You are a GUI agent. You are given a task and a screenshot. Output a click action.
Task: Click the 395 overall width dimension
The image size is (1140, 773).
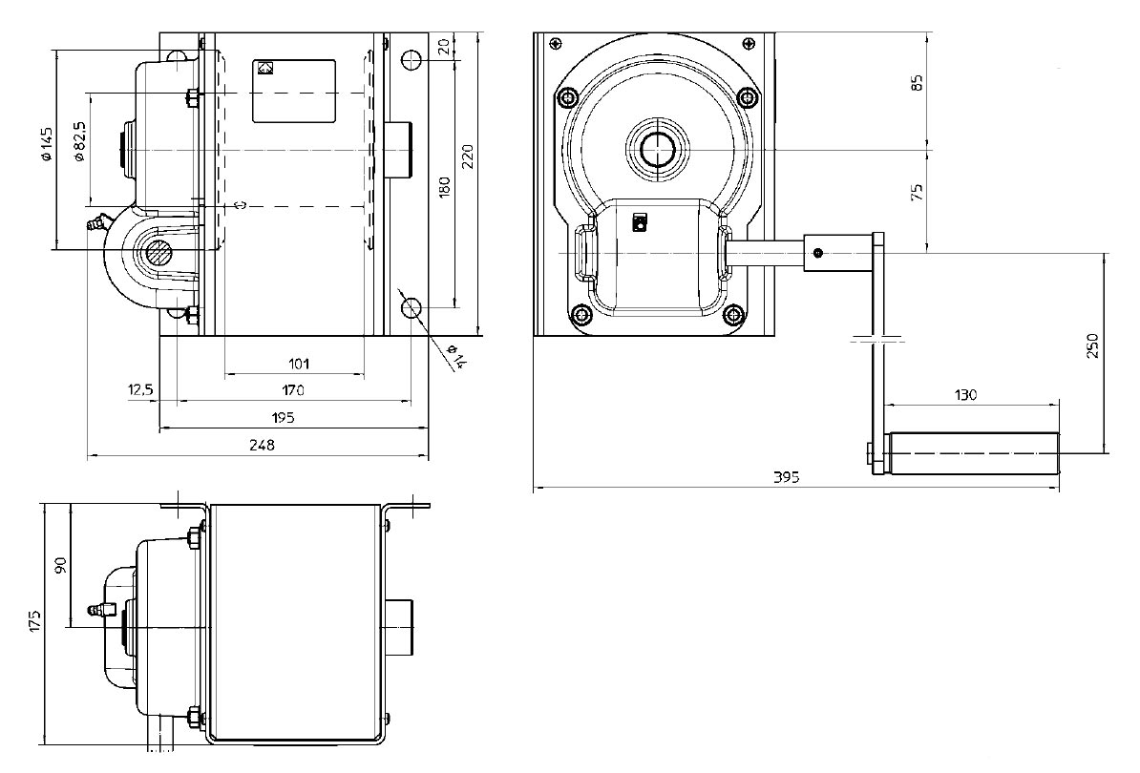tap(786, 477)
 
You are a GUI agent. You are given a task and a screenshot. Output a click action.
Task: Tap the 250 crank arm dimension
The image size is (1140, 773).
tap(1092, 345)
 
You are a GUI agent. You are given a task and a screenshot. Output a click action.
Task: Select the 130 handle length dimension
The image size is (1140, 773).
tap(964, 394)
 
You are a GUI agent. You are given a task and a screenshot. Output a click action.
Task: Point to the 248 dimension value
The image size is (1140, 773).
tap(262, 445)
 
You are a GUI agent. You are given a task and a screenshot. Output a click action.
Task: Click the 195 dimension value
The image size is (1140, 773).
tap(283, 417)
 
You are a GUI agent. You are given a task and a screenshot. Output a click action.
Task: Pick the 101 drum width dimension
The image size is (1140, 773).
tap(299, 364)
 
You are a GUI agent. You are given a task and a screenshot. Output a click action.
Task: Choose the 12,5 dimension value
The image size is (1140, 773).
tap(140, 390)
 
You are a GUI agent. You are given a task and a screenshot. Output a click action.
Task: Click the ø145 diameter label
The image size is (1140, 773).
tap(47, 144)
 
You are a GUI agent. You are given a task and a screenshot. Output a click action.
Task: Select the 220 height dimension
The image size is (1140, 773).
tap(468, 157)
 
